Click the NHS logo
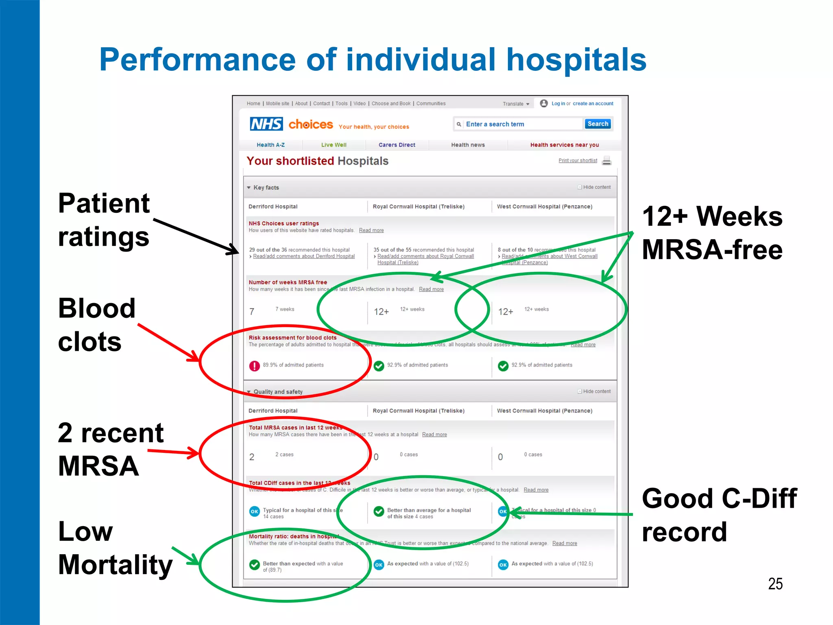pyautogui.click(x=266, y=124)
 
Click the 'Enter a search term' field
pyautogui.click(x=522, y=124)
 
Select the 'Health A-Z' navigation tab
pyautogui.click(x=270, y=145)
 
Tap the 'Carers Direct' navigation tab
pyautogui.click(x=397, y=145)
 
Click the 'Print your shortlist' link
pyautogui.click(x=578, y=160)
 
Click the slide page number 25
pyautogui.click(x=775, y=583)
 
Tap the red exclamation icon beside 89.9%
pyautogui.click(x=255, y=366)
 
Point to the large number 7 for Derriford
pyautogui.click(x=252, y=312)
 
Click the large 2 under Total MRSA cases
pyautogui.click(x=252, y=457)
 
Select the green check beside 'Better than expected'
pyautogui.click(x=255, y=565)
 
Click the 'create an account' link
pyautogui.click(x=593, y=103)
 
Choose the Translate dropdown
pyautogui.click(x=516, y=104)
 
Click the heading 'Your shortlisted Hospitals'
pyautogui.click(x=317, y=161)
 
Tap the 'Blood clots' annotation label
pyautogui.click(x=96, y=325)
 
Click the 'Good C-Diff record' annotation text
pyautogui.click(x=719, y=515)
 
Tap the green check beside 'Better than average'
pyautogui.click(x=379, y=511)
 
